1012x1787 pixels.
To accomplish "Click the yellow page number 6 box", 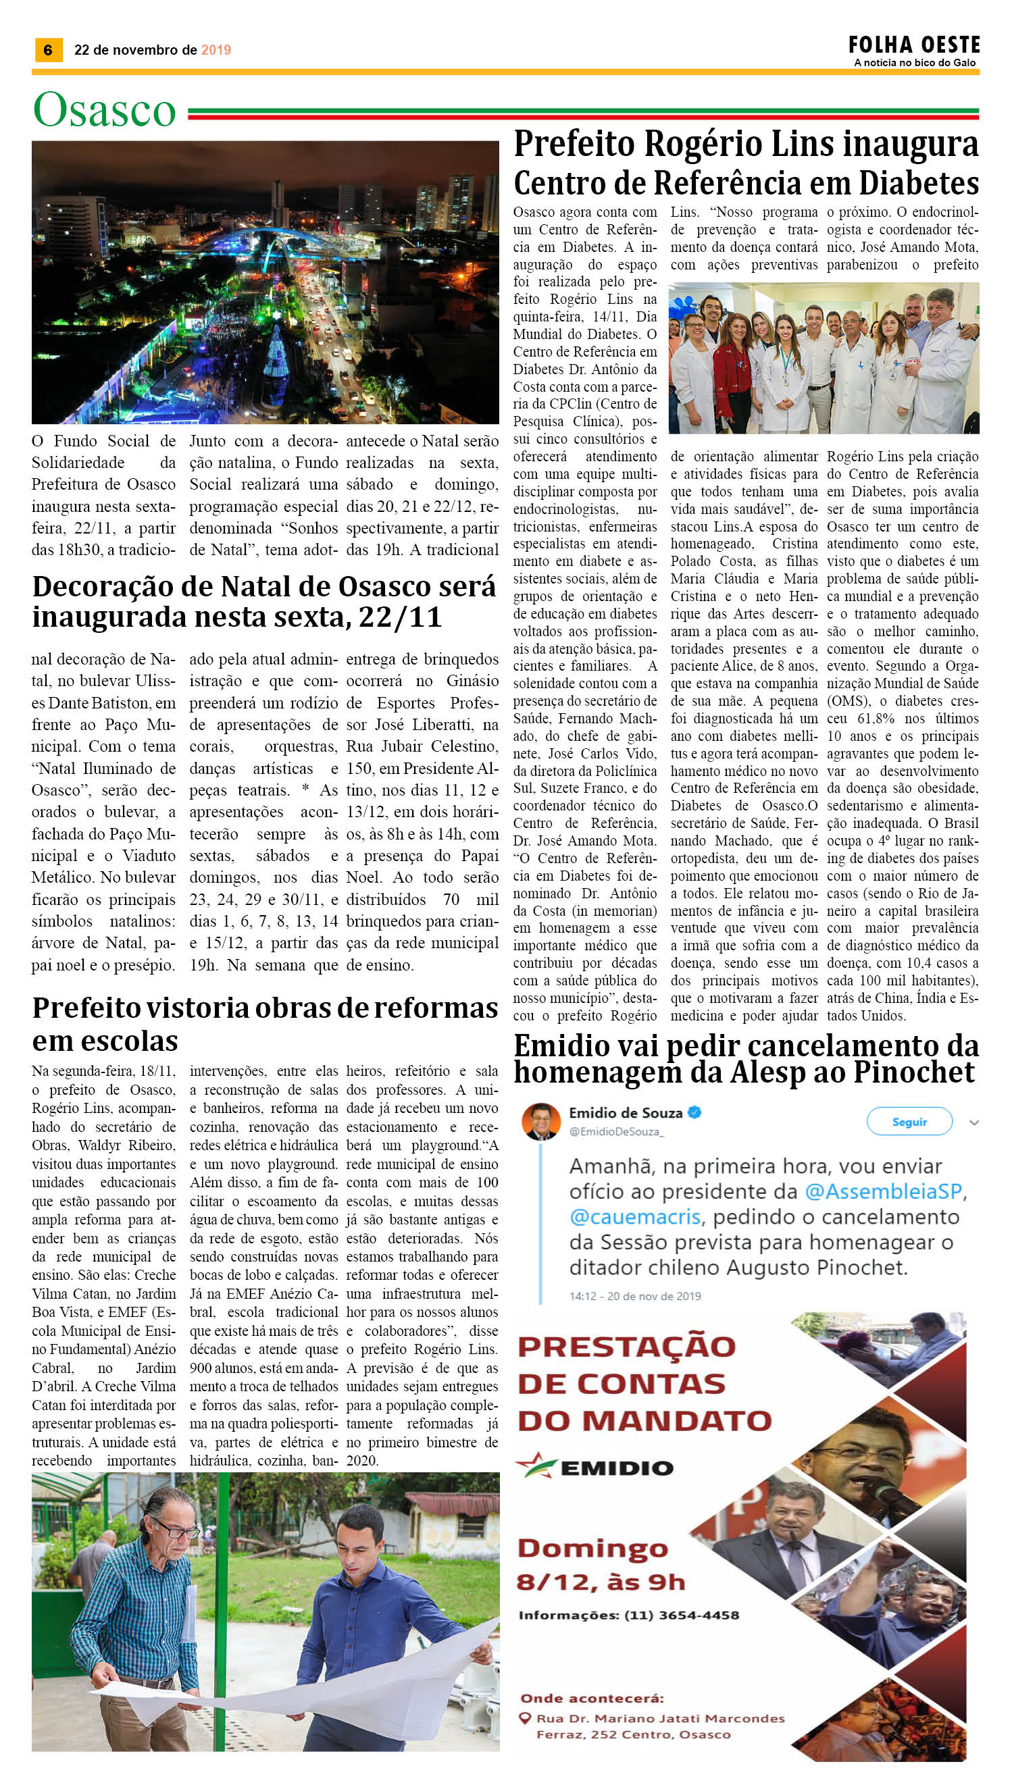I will [x=48, y=50].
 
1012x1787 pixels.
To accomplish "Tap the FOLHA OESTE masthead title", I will [x=913, y=45].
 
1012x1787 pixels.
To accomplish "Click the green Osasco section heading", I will [x=104, y=111].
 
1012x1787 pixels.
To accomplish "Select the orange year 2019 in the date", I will [x=216, y=50].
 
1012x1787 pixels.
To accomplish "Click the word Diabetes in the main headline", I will [x=918, y=184].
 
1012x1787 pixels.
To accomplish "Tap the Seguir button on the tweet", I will [x=909, y=1121].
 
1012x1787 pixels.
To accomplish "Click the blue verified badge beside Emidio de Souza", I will [x=694, y=1112].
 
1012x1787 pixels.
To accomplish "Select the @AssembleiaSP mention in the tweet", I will [x=884, y=1191].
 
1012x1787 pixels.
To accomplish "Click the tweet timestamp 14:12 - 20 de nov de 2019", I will [x=634, y=1296].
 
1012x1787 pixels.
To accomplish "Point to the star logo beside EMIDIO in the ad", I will [x=536, y=1466].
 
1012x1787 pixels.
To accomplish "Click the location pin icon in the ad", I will [x=526, y=1717].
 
